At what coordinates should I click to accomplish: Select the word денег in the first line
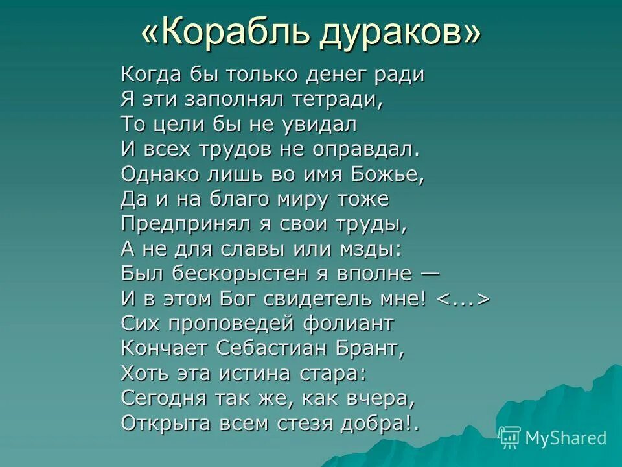pos(324,75)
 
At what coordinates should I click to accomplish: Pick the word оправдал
pos(367,149)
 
